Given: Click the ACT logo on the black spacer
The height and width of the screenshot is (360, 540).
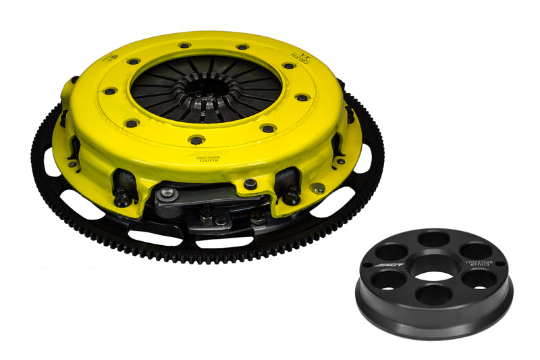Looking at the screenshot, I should (x=392, y=262).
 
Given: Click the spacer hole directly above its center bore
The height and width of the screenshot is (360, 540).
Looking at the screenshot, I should (x=433, y=240).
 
